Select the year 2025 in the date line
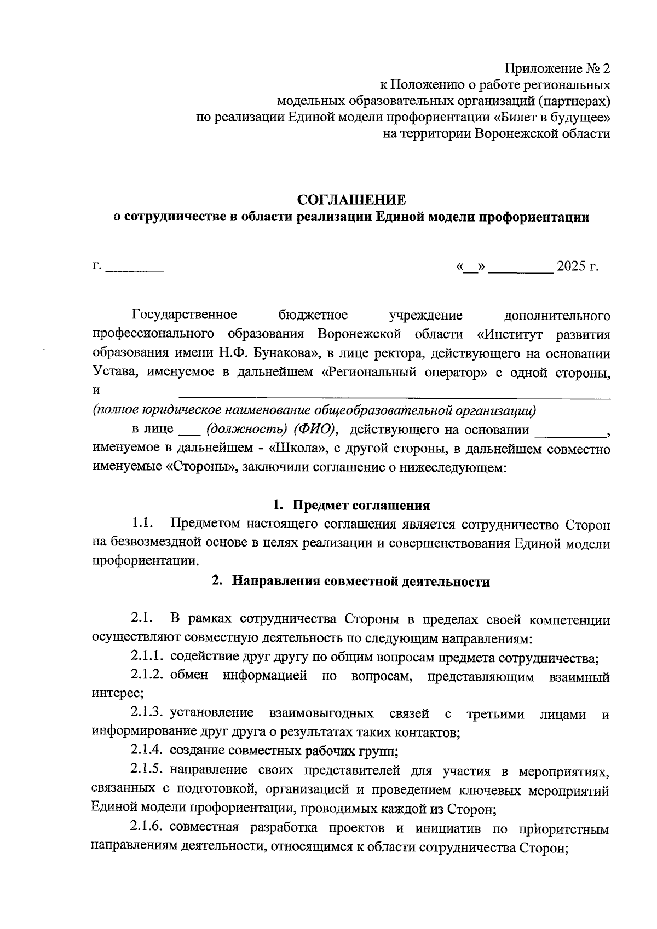click(x=570, y=267)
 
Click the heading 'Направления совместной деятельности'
click(x=360, y=582)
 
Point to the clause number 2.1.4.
click(x=147, y=750)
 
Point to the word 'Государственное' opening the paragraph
click(x=184, y=315)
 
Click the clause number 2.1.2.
click(x=147, y=676)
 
